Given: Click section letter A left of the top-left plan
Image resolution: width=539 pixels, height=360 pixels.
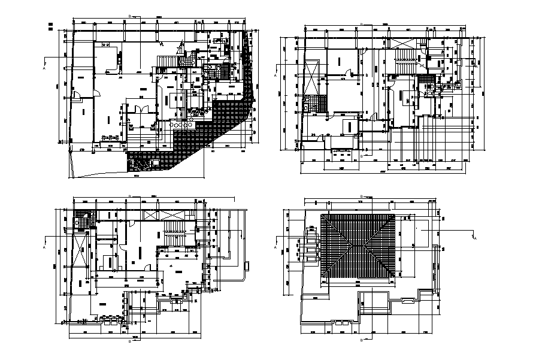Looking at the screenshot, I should click(x=45, y=68).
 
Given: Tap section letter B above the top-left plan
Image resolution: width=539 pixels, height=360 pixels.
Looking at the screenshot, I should click(x=130, y=14).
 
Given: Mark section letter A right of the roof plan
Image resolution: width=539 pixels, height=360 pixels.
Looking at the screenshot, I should click(x=476, y=239).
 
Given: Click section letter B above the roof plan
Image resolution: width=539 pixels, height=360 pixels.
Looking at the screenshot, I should click(x=360, y=196).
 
